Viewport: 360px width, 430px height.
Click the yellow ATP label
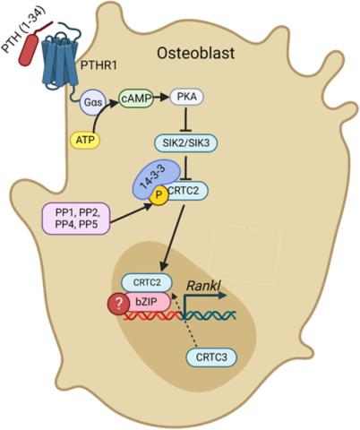coord(84,140)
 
